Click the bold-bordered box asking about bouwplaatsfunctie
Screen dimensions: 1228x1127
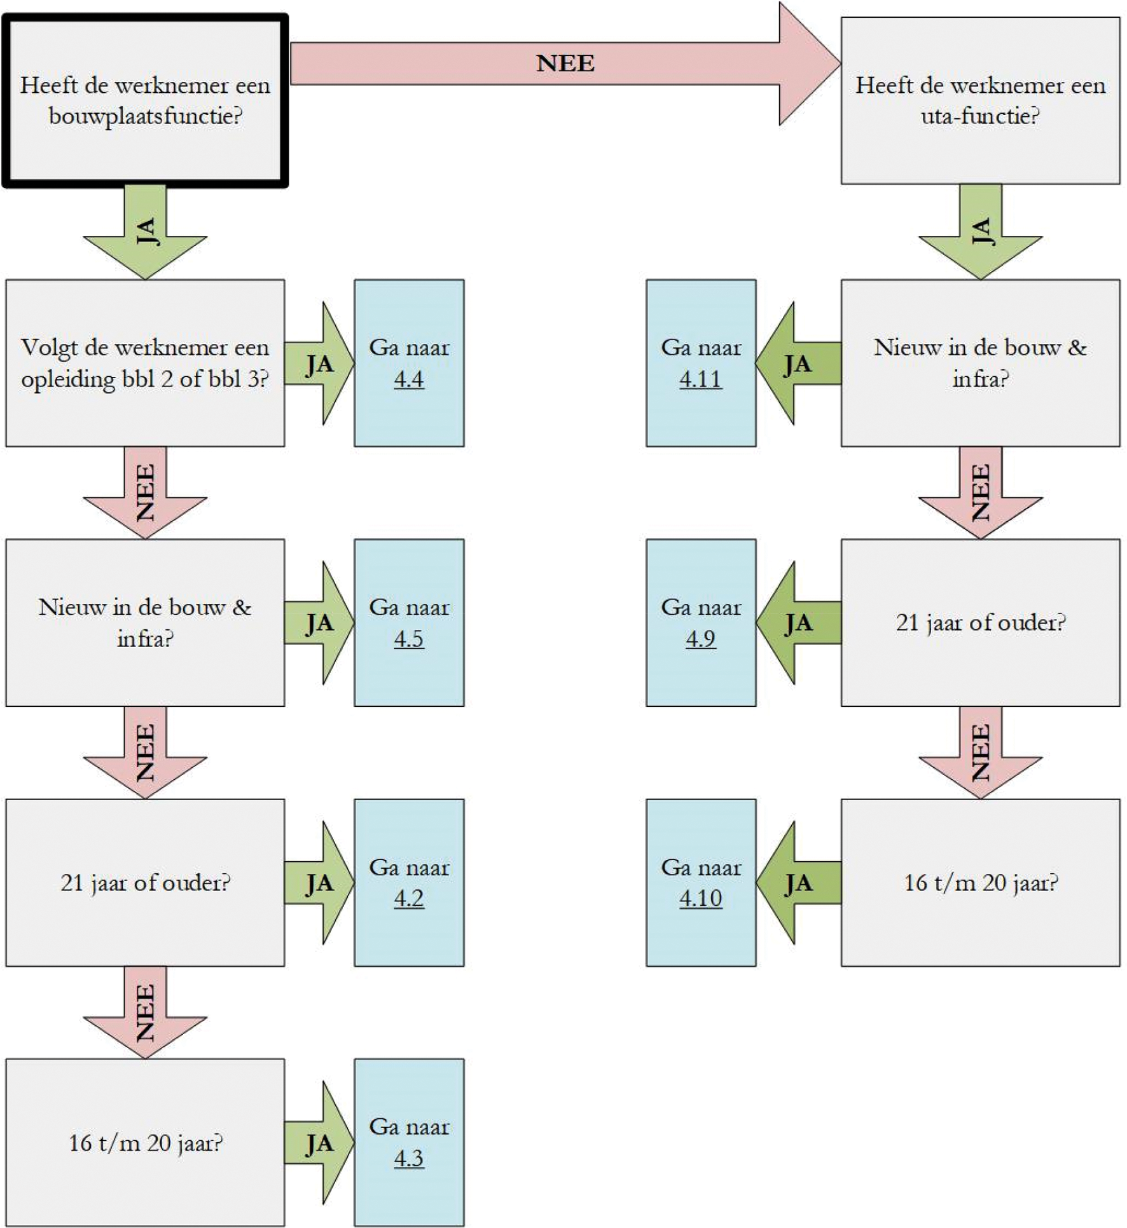pos(145,101)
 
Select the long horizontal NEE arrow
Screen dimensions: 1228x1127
pos(565,64)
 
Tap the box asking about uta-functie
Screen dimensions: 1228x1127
pos(979,101)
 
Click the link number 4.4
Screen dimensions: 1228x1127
pos(408,379)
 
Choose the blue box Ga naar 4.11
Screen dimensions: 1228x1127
pos(701,363)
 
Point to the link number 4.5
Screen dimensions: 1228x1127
pos(408,639)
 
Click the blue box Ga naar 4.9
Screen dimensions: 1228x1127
pos(701,622)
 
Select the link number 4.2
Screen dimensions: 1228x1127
pos(408,898)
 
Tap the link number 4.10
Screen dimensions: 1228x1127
pos(701,898)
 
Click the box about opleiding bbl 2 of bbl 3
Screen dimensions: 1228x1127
pos(145,363)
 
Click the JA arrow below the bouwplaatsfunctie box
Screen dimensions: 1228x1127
pos(145,232)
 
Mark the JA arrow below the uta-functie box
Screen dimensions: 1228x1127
pos(980,232)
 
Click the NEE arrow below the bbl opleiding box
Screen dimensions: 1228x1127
pos(145,493)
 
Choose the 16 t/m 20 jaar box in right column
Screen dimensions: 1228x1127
pos(980,882)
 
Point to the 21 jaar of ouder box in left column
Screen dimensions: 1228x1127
pos(145,882)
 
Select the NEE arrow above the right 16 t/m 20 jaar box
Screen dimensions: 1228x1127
pos(980,753)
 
